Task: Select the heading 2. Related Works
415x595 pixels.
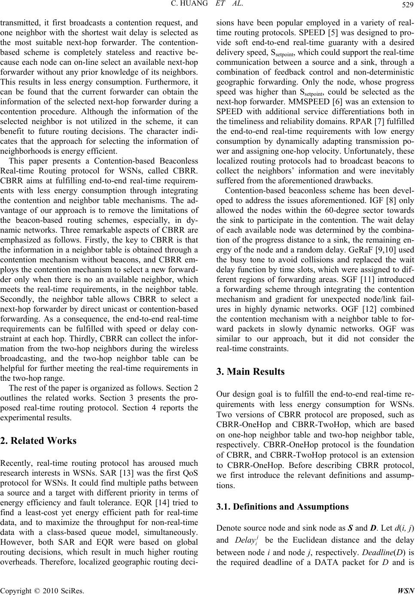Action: (39, 440)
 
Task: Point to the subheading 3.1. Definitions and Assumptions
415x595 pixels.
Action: (283, 507)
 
